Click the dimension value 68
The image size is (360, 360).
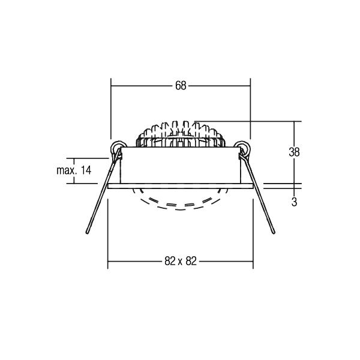point(181,86)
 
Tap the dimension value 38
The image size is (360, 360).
point(294,152)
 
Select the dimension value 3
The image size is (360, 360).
point(294,202)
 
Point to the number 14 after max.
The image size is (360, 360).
point(86,170)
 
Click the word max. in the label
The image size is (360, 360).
point(67,170)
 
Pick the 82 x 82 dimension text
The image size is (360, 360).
point(181,261)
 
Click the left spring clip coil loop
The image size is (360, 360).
point(119,147)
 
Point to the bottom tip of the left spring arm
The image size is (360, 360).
point(87,233)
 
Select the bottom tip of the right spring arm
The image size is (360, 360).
point(274,233)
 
